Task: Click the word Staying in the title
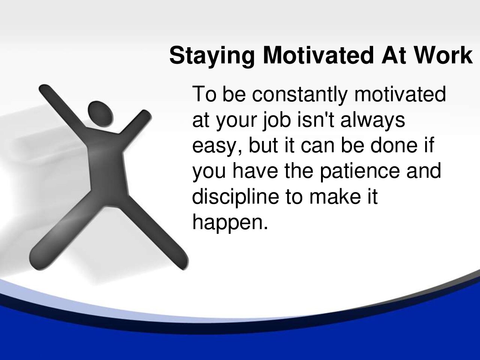click(211, 56)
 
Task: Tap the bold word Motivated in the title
click(318, 55)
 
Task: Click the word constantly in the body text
click(300, 94)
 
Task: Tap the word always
click(373, 120)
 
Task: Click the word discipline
click(235, 197)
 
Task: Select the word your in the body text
click(236, 122)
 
